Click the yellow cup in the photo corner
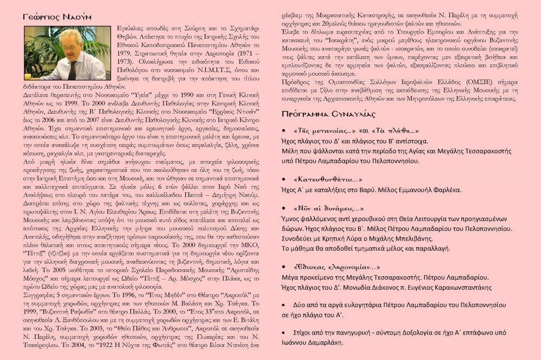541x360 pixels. tap(30, 75)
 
